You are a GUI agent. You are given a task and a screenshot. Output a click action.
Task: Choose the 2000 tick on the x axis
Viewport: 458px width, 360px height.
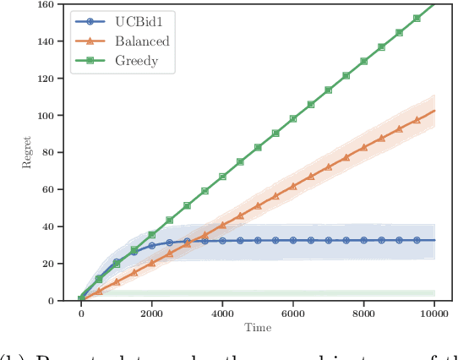click(x=151, y=314)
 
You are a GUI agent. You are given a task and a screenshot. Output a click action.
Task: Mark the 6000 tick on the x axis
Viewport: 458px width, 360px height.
click(x=293, y=314)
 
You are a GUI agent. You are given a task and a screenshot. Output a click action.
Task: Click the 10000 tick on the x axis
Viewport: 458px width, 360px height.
click(x=434, y=314)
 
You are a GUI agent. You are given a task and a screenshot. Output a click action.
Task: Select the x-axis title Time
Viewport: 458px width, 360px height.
click(x=258, y=326)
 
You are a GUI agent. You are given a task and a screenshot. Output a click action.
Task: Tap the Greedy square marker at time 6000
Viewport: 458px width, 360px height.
click(x=293, y=118)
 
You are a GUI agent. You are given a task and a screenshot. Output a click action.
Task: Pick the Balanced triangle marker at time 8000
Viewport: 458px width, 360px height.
click(x=364, y=147)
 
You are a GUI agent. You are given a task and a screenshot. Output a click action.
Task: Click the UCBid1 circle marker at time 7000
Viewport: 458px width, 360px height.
click(x=329, y=240)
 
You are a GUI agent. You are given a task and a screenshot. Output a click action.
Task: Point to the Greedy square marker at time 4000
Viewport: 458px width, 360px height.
click(x=222, y=177)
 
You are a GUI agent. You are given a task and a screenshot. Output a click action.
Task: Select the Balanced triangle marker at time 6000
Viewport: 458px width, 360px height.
click(x=293, y=186)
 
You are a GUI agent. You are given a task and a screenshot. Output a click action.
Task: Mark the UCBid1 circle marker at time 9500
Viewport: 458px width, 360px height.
click(x=417, y=240)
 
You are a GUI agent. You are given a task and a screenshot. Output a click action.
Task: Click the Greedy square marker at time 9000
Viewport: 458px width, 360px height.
click(x=400, y=32)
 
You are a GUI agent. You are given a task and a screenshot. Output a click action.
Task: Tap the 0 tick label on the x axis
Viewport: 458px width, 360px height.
click(x=81, y=314)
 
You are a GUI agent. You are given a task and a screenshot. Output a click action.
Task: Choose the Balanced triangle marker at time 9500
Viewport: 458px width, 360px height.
click(x=417, y=119)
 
